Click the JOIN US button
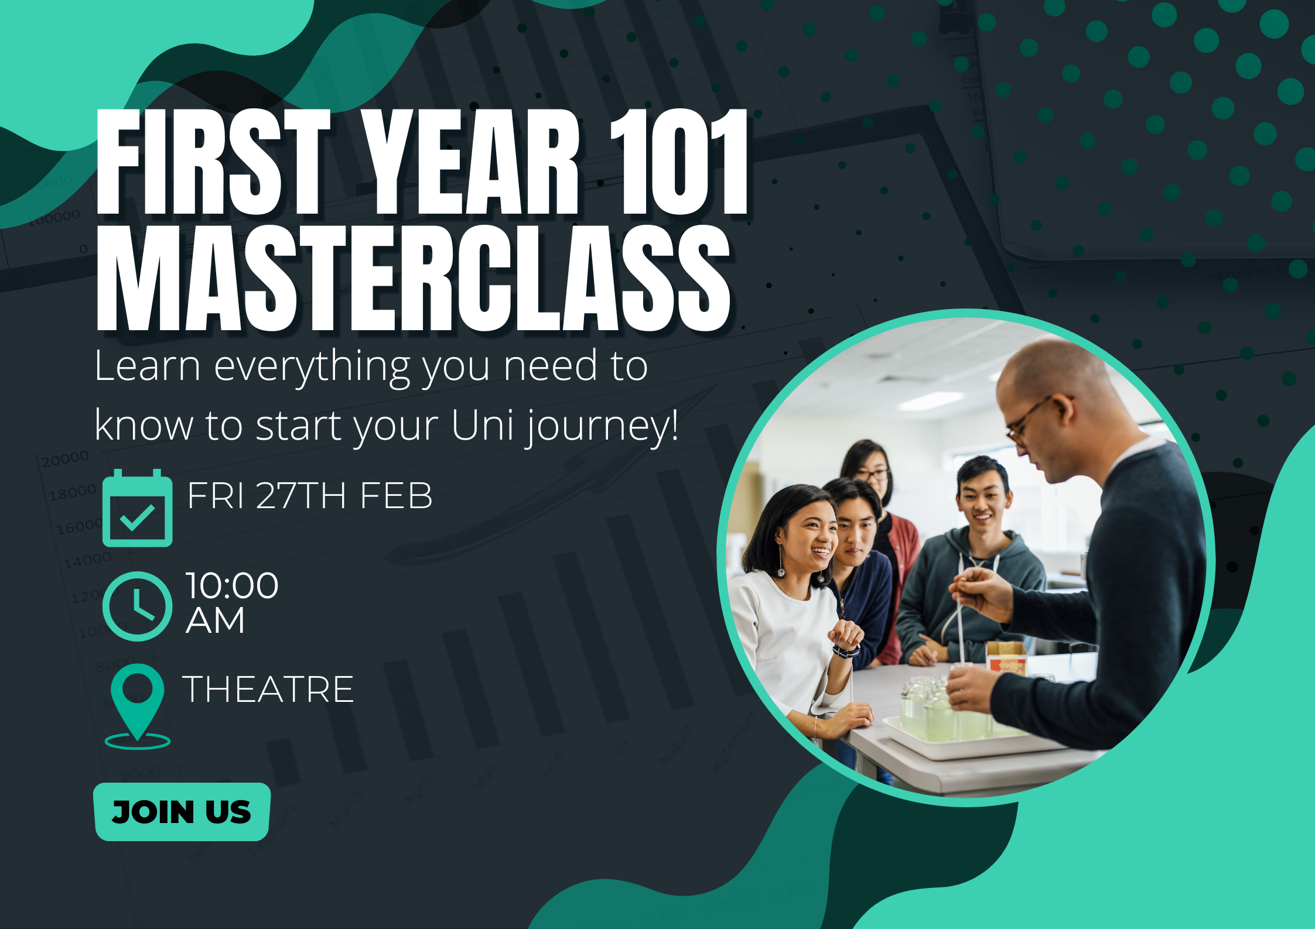pyautogui.click(x=182, y=811)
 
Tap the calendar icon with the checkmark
pyautogui.click(x=138, y=508)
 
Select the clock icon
pyautogui.click(x=138, y=606)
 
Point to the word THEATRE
pyautogui.click(x=268, y=689)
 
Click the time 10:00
pyautogui.click(x=232, y=585)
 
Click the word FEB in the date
pyautogui.click(x=396, y=496)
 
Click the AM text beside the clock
pyautogui.click(x=215, y=621)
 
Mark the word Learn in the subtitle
pyautogui.click(x=148, y=366)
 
